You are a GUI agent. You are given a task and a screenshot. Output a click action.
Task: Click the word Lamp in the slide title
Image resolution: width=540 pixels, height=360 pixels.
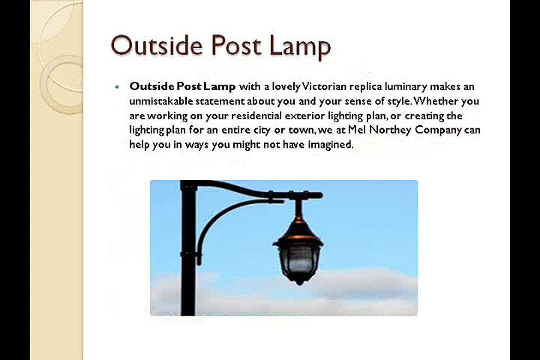point(300,46)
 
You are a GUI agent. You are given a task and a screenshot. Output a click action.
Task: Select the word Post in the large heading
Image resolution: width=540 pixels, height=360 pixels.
point(236,46)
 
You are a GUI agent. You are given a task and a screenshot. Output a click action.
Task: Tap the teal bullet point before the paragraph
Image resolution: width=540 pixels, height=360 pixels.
point(117,87)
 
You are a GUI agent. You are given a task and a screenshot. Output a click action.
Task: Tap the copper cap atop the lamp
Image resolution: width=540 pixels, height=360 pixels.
point(298,229)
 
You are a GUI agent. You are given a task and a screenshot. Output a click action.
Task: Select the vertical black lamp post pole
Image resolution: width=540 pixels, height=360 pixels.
point(188,250)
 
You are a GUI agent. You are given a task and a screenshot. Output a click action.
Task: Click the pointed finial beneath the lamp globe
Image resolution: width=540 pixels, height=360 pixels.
point(299,281)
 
